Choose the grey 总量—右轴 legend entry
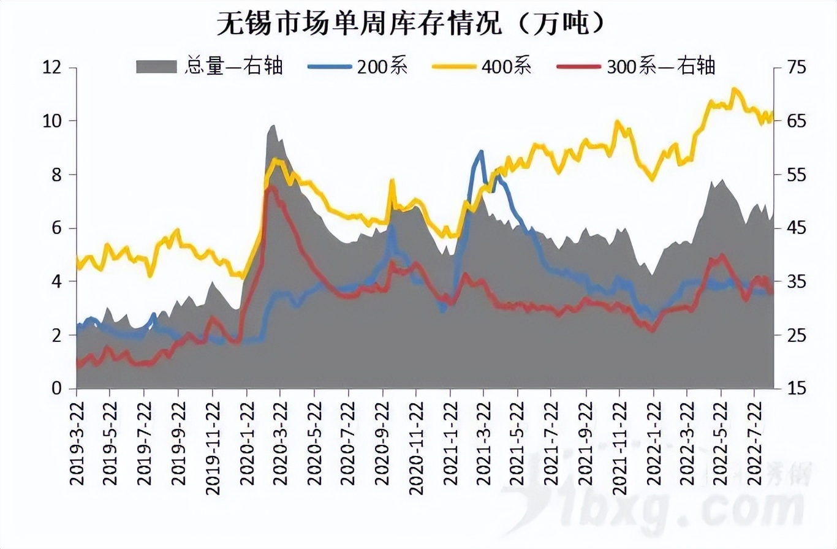pyautogui.click(x=233, y=66)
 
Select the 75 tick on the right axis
pyautogui.click(x=791, y=67)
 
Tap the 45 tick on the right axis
pyautogui.click(x=791, y=228)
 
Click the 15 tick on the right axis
pyautogui.click(x=791, y=388)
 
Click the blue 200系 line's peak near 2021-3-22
pyautogui.click(x=482, y=151)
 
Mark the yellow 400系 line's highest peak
pyautogui.click(x=735, y=89)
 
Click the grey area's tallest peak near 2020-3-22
pyautogui.click(x=273, y=126)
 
